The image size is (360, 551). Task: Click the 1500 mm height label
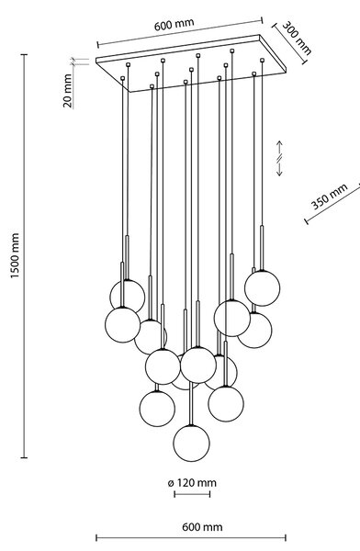(x=15, y=255)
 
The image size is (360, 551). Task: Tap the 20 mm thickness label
(x=67, y=91)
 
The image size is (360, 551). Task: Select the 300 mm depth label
(x=297, y=38)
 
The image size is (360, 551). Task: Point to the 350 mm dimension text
(x=329, y=197)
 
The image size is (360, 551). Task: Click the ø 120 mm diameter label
(x=192, y=483)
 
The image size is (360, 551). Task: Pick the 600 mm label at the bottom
(x=202, y=527)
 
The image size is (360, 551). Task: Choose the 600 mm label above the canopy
(x=174, y=24)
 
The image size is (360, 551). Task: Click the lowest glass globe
(x=192, y=444)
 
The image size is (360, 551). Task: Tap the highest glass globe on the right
(x=263, y=288)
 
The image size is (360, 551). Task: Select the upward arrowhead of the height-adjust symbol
(x=279, y=144)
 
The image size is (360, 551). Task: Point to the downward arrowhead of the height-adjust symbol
(x=279, y=173)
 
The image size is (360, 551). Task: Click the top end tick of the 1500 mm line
(x=24, y=54)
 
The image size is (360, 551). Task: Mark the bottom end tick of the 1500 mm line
(x=24, y=457)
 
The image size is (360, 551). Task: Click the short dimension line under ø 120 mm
(x=192, y=494)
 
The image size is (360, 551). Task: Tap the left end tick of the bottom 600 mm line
(x=96, y=537)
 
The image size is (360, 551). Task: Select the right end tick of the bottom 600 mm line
(x=286, y=537)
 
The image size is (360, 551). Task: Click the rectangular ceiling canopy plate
(x=191, y=63)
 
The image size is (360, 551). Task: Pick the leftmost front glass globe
(x=122, y=325)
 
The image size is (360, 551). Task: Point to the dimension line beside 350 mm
(x=332, y=202)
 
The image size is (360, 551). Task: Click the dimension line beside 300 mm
(x=290, y=44)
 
